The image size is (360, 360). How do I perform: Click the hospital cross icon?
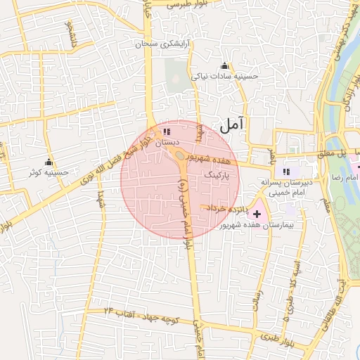[256, 213]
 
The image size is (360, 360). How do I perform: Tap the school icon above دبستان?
[166, 131]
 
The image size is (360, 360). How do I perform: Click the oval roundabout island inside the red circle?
[180, 155]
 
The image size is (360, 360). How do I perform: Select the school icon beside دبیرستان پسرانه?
[285, 171]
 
